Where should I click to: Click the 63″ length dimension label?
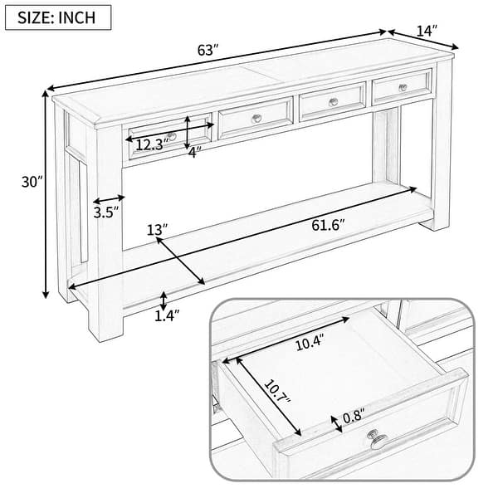208,51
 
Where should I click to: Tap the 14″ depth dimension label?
426,32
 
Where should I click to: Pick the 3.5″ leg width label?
105,211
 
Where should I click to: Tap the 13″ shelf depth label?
157,228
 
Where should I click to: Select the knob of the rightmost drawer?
402,88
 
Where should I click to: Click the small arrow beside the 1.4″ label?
164,300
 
